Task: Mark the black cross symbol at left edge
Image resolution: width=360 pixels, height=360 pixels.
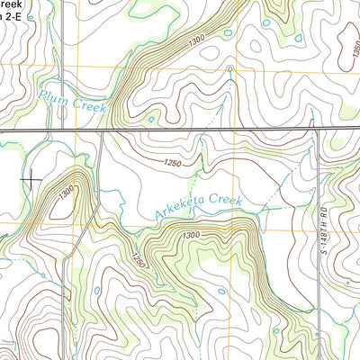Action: [x=31, y=179]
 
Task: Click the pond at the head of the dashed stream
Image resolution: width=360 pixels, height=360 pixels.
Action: [x=230, y=68]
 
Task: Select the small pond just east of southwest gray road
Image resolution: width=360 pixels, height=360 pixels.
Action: [x=96, y=291]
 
